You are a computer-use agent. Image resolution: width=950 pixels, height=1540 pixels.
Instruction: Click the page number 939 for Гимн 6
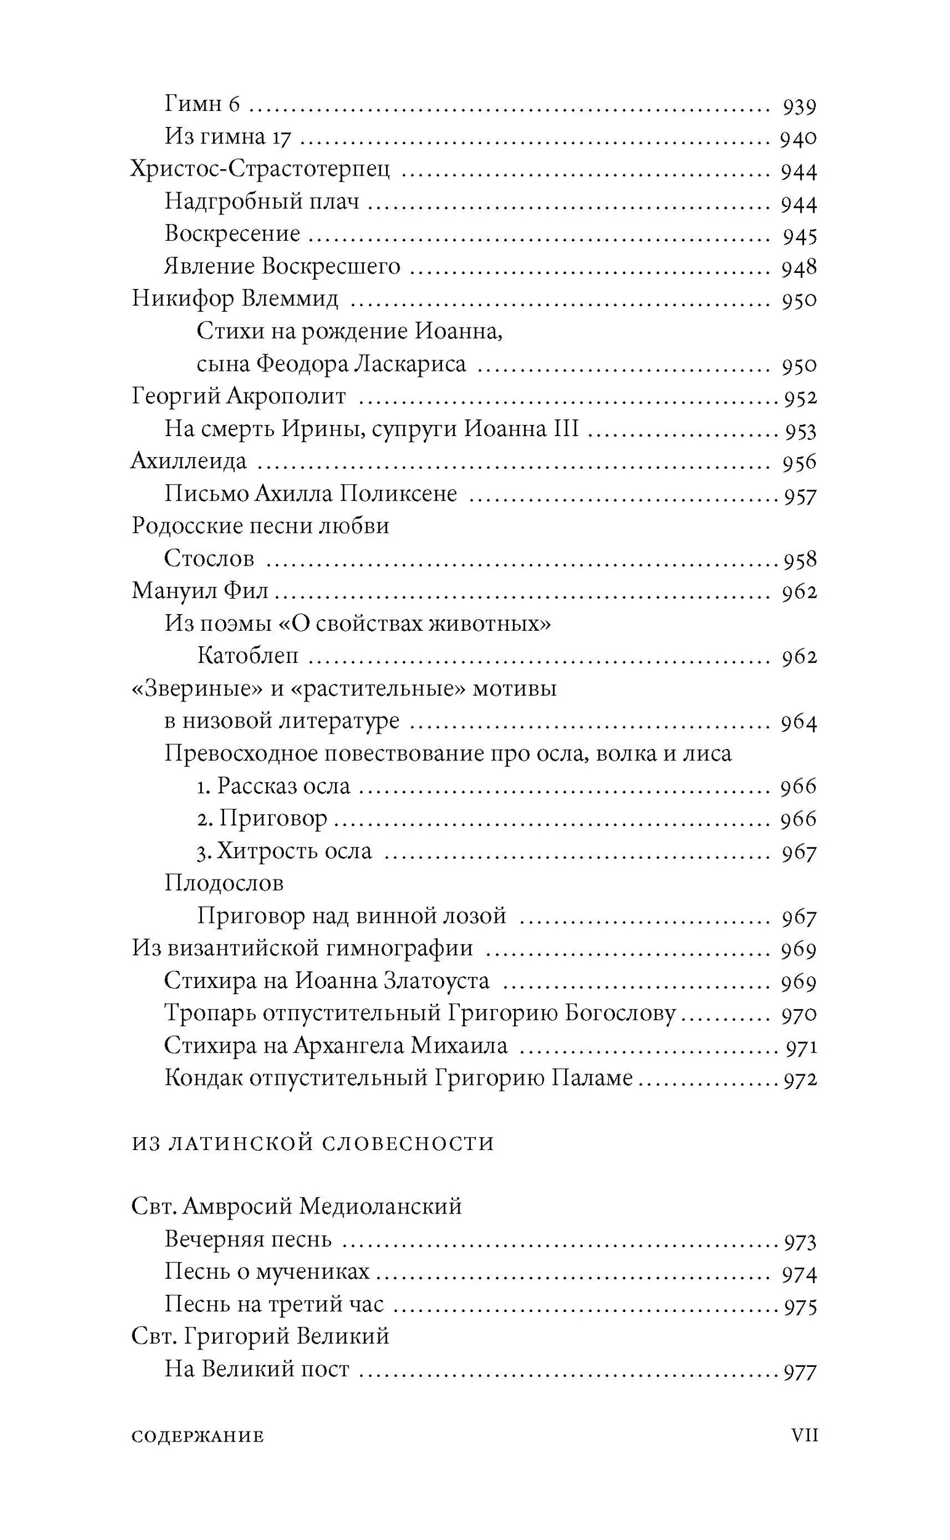click(x=799, y=107)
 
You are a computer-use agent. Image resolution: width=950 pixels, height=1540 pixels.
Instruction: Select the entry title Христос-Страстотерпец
click(x=260, y=170)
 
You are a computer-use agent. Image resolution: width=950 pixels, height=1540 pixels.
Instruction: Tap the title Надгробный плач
click(x=262, y=203)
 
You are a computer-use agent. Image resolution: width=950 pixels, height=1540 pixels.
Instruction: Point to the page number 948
click(x=799, y=269)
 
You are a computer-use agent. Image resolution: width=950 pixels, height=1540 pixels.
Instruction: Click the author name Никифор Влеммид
click(x=235, y=299)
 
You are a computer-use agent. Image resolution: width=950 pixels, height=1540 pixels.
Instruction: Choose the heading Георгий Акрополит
click(x=239, y=397)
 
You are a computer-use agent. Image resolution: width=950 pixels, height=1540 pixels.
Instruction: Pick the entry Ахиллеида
click(x=188, y=461)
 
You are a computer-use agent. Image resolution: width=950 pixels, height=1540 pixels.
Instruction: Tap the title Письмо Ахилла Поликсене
click(x=310, y=494)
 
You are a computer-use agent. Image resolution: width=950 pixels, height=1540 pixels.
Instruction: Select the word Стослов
click(x=209, y=558)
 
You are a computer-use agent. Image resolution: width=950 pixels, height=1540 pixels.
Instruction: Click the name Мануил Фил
click(x=200, y=591)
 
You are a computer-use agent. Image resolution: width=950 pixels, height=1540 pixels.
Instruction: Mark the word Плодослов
click(x=223, y=884)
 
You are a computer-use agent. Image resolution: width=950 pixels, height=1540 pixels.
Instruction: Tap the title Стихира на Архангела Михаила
click(x=336, y=1046)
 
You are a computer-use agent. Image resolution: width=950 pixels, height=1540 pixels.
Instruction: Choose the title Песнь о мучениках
click(x=267, y=1271)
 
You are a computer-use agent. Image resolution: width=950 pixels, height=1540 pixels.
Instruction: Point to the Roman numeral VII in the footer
click(x=804, y=1435)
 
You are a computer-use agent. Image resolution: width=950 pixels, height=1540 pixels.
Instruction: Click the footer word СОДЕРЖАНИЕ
click(x=198, y=1437)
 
